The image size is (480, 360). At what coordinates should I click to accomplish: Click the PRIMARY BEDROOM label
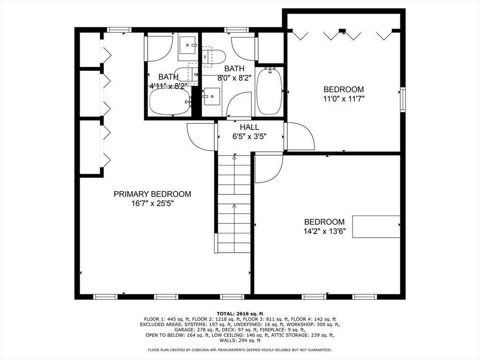point(152,194)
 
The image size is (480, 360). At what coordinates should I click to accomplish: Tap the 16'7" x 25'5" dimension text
point(152,203)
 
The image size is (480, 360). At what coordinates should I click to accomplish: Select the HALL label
point(249,127)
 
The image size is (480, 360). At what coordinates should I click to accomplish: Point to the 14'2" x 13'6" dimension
point(324,231)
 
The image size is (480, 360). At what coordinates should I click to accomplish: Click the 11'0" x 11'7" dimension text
point(344,98)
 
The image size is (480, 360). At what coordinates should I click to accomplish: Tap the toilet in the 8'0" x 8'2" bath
point(215,57)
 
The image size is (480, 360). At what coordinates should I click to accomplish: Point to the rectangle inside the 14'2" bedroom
point(376,226)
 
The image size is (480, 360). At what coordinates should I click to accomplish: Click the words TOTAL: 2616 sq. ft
point(240,314)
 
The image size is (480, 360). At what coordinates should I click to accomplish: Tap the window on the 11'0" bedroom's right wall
point(402,99)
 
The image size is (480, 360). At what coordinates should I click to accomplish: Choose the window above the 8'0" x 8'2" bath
point(237,30)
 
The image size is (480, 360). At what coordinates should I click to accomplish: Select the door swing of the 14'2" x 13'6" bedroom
point(268,168)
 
